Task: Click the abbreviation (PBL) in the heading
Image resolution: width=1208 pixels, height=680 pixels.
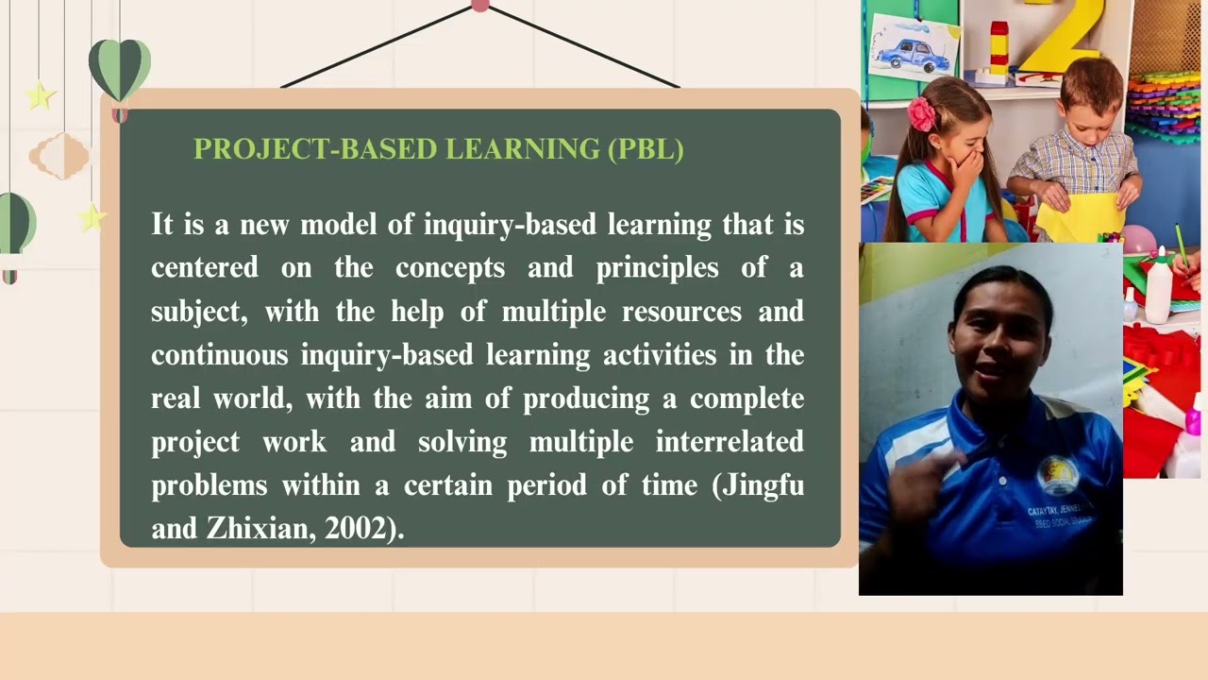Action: (x=646, y=149)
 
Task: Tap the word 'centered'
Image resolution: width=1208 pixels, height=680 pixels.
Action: (x=204, y=268)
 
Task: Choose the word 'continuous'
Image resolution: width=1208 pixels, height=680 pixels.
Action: (x=219, y=355)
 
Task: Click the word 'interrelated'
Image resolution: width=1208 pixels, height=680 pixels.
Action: (x=730, y=442)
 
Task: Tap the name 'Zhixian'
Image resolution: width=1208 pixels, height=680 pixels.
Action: (x=260, y=529)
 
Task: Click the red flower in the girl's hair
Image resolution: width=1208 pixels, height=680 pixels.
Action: (x=921, y=113)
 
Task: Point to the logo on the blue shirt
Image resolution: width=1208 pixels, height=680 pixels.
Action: (x=1057, y=473)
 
